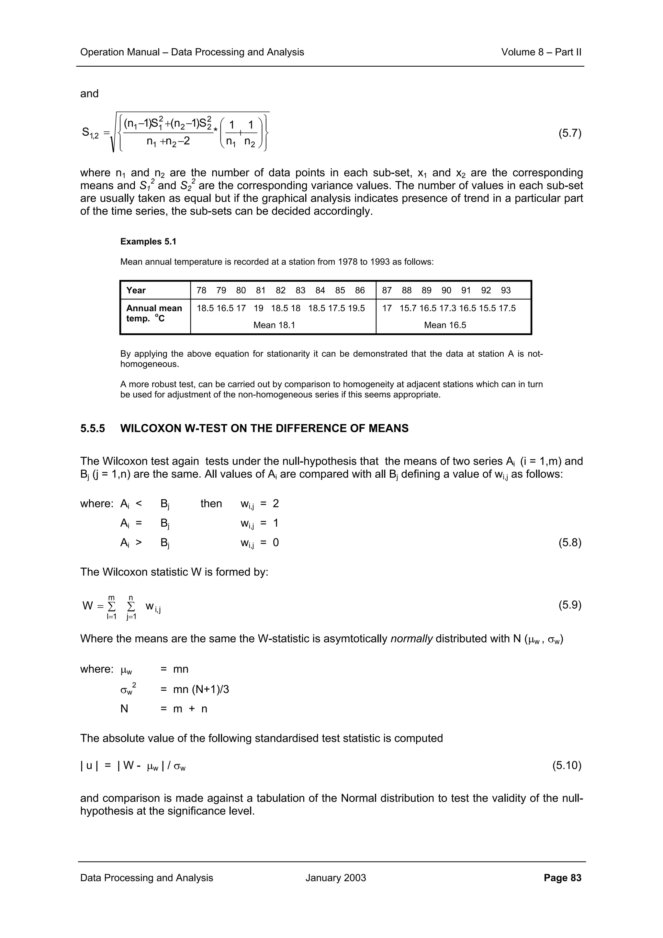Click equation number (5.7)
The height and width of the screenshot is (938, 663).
click(x=569, y=134)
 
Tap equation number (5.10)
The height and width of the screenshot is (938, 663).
click(x=567, y=765)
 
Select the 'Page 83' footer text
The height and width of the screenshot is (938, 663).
click(x=562, y=877)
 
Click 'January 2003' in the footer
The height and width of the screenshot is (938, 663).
click(x=335, y=877)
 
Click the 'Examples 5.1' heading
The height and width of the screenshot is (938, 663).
click(x=148, y=241)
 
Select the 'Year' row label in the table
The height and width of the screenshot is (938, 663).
click(x=136, y=290)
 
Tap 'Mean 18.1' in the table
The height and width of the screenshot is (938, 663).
click(x=274, y=325)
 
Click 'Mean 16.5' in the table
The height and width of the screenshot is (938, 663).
click(x=445, y=325)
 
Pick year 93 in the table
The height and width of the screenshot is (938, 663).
click(x=506, y=290)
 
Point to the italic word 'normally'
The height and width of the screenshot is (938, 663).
click(x=411, y=639)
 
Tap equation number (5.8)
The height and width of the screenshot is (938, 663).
click(x=569, y=543)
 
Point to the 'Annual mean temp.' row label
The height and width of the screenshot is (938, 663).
click(x=153, y=313)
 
